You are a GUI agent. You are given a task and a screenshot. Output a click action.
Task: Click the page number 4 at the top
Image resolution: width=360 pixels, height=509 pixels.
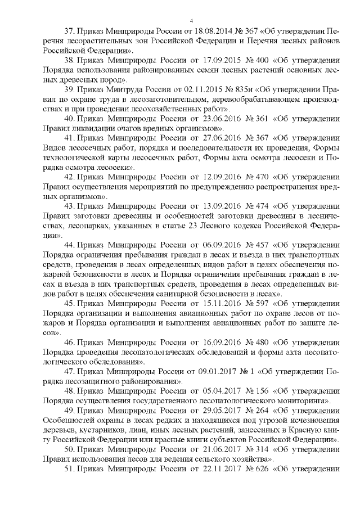click(x=191, y=20)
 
